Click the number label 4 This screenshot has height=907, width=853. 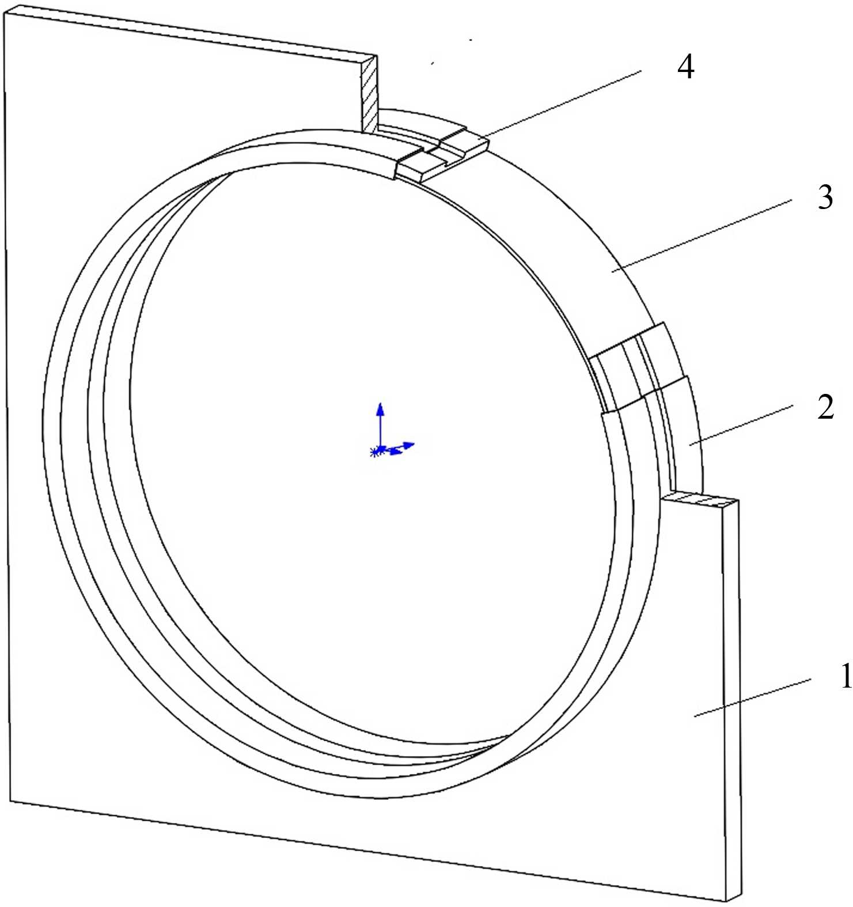685,67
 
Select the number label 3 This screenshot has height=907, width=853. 825,198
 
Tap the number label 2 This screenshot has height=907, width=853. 825,407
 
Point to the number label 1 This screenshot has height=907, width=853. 844,676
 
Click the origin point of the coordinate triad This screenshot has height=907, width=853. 377,451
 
